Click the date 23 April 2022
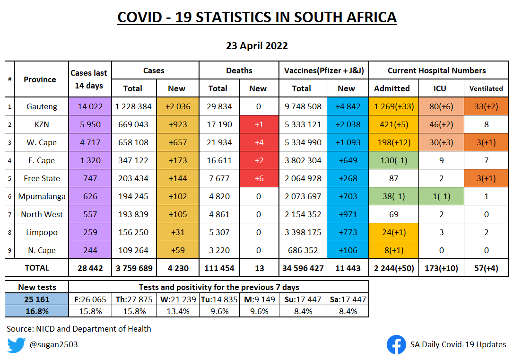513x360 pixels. [257, 46]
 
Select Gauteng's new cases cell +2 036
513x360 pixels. [177, 106]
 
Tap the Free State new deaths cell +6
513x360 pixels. [258, 178]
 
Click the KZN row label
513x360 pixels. [42, 124]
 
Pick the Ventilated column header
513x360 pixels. [486, 88]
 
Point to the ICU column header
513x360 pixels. [439, 88]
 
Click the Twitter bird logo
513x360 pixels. [16, 345]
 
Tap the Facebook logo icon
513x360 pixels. [396, 345]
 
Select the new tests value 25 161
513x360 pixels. [37, 299]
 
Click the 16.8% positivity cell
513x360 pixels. [37, 311]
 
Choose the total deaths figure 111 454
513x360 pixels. [219, 268]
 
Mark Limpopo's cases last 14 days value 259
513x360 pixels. [90, 232]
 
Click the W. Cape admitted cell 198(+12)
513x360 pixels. [392, 142]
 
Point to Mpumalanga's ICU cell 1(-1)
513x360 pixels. [439, 196]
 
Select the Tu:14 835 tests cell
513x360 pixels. [219, 299]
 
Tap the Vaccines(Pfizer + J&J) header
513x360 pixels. [324, 70]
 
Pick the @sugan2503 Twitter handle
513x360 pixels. [53, 345]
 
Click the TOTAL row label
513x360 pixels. [37, 268]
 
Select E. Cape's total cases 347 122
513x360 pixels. [133, 160]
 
